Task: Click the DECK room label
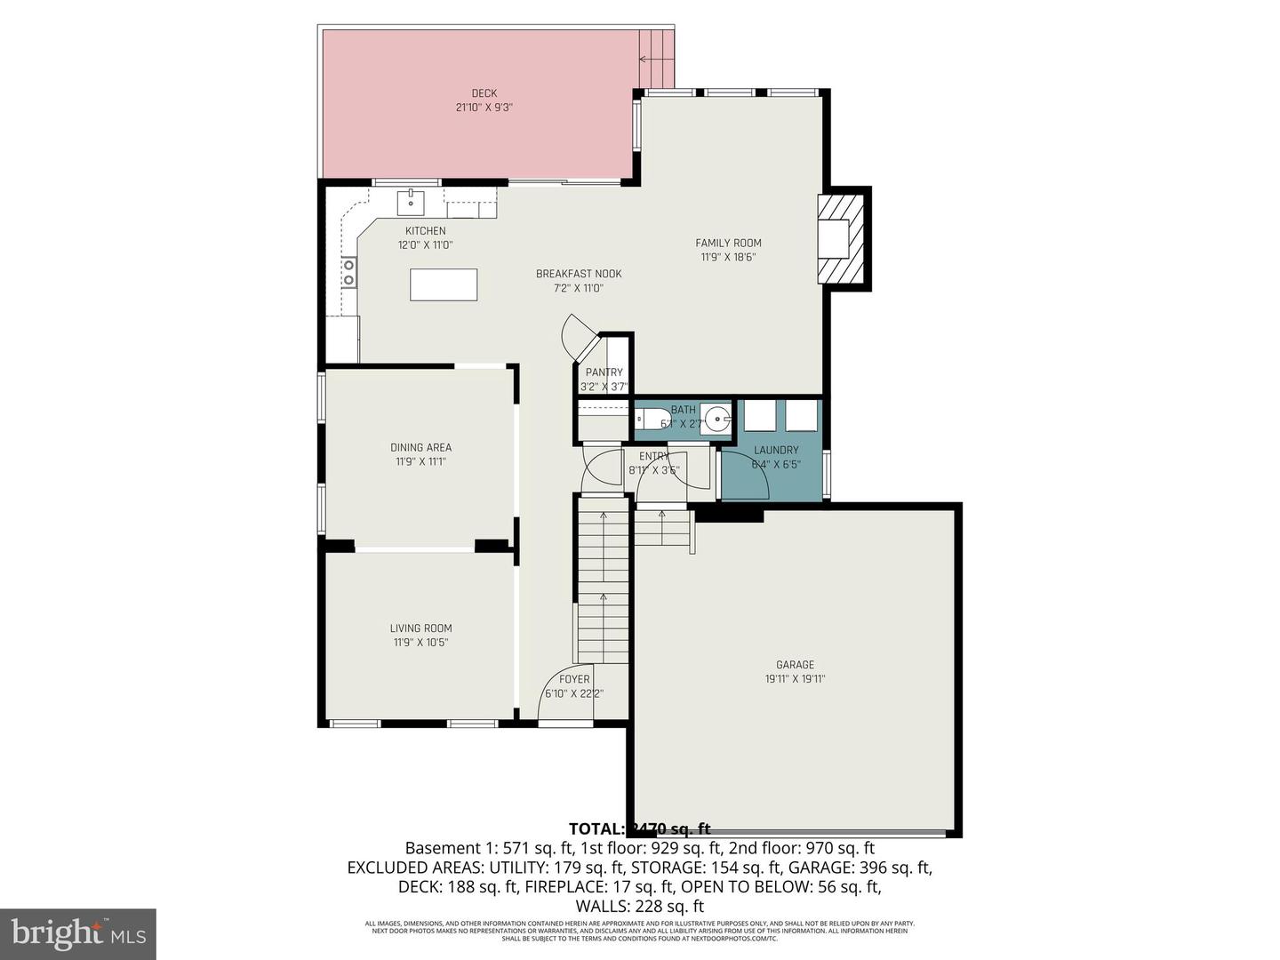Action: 484,93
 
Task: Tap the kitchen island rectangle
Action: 444,284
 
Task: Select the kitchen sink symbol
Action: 411,203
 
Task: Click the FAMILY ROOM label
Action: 728,243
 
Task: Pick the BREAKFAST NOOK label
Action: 579,274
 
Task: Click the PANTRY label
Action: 604,372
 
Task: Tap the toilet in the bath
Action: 647,420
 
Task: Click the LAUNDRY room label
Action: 776,450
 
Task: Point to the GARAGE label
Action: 795,665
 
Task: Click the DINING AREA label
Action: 420,447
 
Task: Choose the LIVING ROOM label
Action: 420,628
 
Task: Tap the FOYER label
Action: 574,679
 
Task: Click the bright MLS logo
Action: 78,933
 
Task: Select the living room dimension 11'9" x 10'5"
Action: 420,643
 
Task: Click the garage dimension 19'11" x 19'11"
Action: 795,679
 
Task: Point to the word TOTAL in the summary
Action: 596,829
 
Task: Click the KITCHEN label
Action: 425,231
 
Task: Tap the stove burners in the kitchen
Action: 349,272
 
